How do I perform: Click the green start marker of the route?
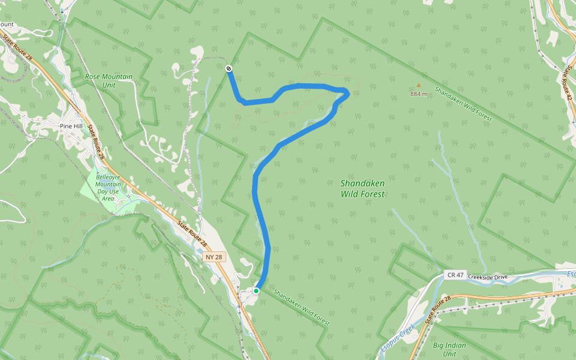(256, 291)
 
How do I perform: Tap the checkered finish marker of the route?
(229, 69)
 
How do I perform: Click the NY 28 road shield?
(214, 257)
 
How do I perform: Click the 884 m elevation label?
(419, 94)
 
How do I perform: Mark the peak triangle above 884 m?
(419, 85)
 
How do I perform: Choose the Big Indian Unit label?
(449, 349)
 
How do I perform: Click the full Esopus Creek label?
(397, 339)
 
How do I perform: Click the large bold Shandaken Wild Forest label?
(362, 188)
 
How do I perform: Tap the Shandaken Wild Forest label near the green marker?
(301, 308)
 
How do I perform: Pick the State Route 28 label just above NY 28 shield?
(192, 235)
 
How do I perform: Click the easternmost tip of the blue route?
(349, 93)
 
